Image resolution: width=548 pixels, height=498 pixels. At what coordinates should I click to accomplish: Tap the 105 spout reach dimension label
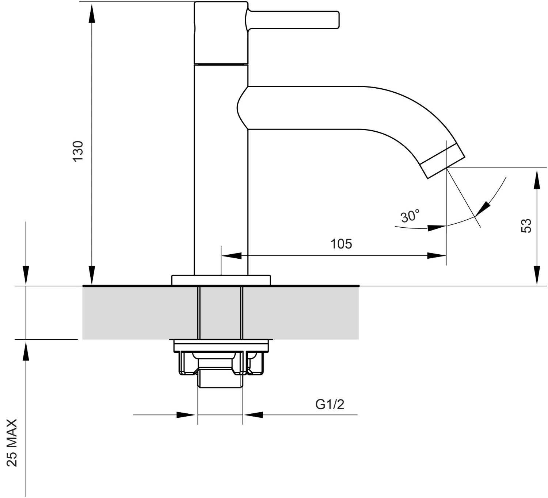pyautogui.click(x=341, y=244)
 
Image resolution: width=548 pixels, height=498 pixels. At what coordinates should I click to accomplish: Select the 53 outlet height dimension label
pyautogui.click(x=526, y=225)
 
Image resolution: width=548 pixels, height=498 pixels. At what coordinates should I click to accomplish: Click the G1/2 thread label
pyautogui.click(x=330, y=404)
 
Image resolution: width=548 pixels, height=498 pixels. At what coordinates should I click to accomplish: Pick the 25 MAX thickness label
pyautogui.click(x=13, y=443)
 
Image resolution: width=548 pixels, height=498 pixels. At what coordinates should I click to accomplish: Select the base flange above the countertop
pyautogui.click(x=221, y=280)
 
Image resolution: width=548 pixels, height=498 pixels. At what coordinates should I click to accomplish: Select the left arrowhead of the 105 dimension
pyautogui.click(x=232, y=255)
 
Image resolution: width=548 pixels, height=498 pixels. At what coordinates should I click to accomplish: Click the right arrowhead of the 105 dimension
pyautogui.click(x=437, y=255)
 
